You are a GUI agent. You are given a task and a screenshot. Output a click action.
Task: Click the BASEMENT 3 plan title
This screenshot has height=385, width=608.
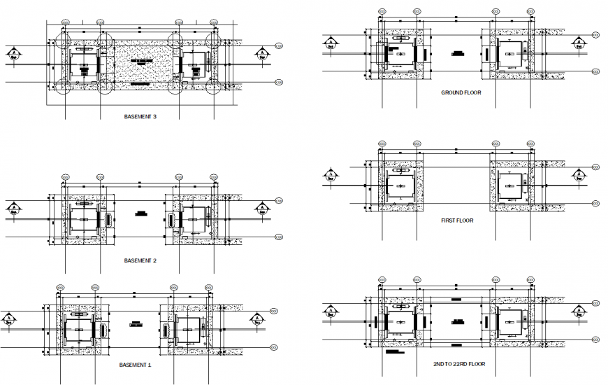140,117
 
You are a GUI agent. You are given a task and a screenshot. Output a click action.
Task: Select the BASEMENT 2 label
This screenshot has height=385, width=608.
140,260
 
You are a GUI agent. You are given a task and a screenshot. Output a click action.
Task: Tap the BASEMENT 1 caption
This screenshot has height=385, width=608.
135,365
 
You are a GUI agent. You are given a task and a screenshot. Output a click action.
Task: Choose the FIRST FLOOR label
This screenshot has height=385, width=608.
457,220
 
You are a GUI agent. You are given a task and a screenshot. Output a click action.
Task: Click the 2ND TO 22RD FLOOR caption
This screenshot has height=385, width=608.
459,364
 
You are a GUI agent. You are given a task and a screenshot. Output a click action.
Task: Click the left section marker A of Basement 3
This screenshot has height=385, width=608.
13,54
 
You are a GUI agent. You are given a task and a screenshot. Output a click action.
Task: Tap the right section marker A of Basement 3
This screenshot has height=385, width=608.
261,54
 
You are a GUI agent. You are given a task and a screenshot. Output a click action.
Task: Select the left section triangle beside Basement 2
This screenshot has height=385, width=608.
13,209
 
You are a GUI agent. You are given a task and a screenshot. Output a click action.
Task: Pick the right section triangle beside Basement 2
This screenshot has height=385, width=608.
261,209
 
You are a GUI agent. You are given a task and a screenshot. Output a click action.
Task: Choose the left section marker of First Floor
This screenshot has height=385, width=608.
328,174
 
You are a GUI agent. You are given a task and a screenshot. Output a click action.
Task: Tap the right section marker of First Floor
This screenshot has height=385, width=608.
579,174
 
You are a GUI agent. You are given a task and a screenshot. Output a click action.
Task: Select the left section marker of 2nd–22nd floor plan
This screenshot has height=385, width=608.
328,311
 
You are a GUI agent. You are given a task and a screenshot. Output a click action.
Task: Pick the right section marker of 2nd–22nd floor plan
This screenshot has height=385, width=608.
579,311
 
